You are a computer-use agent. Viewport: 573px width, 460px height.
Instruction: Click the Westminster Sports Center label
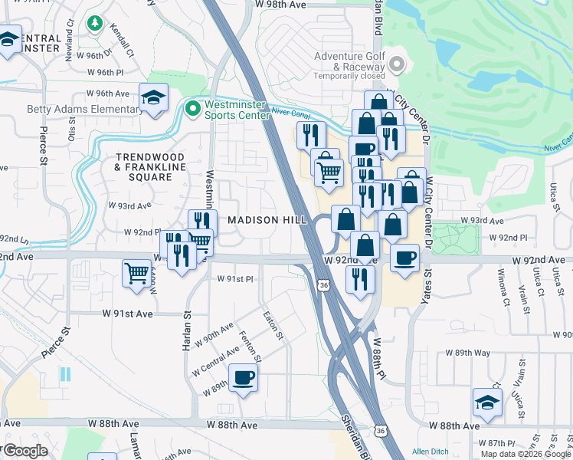click(x=237, y=110)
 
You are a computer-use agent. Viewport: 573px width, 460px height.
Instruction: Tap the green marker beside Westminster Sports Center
click(x=192, y=109)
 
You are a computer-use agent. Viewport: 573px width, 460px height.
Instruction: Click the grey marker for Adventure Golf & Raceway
click(x=397, y=65)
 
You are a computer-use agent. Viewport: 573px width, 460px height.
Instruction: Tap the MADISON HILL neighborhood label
click(x=267, y=220)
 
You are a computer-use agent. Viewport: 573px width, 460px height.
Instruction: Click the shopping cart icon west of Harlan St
click(x=136, y=272)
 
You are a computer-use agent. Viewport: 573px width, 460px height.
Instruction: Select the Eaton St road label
click(x=273, y=325)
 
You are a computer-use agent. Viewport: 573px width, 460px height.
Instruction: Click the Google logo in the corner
click(x=26, y=451)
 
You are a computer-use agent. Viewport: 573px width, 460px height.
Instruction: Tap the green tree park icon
click(x=94, y=25)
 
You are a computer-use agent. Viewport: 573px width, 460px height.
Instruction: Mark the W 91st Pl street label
click(x=235, y=279)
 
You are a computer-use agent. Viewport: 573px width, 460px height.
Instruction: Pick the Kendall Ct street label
click(x=121, y=42)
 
